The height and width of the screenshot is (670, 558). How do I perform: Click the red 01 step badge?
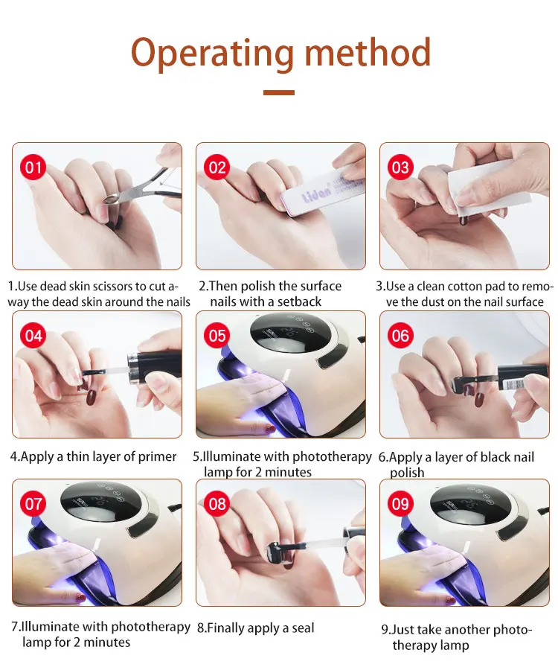(33, 167)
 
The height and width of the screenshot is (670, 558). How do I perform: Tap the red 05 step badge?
(217, 336)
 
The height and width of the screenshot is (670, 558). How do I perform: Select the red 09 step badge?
(400, 503)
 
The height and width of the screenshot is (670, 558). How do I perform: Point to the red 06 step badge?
(400, 336)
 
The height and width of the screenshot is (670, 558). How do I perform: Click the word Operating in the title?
(212, 54)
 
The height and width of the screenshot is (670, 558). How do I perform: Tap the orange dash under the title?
(279, 92)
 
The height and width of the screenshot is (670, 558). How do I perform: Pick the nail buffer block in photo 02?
(320, 189)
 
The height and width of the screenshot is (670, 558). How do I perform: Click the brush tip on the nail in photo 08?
(274, 549)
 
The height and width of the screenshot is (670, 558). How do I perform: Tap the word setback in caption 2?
(299, 301)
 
